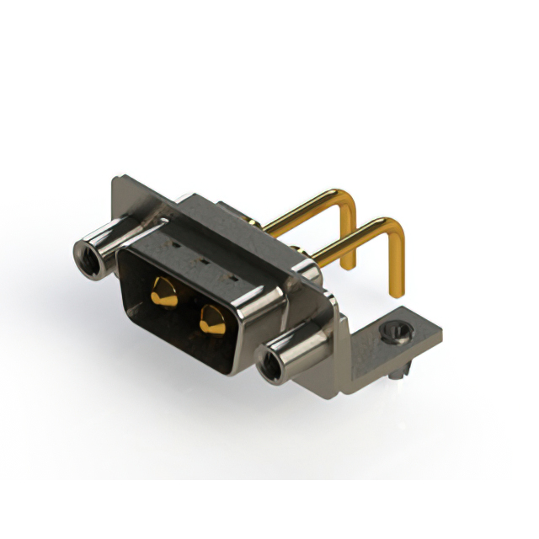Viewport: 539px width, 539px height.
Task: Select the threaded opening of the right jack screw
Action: pyautogui.click(x=271, y=366)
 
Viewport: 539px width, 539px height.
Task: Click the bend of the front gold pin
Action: pyautogui.click(x=397, y=225)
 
